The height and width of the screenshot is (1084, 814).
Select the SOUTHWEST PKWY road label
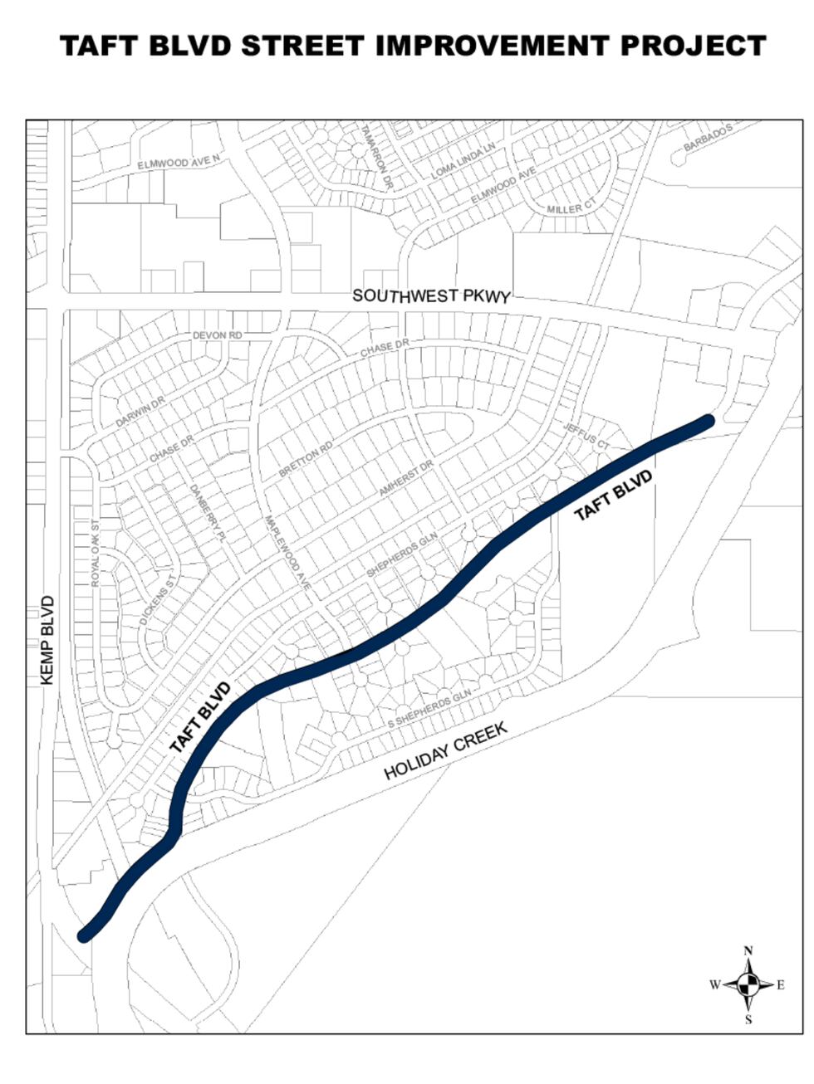tap(430, 295)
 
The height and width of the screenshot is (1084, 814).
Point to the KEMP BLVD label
tap(47, 640)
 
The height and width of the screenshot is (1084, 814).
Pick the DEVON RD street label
tap(217, 335)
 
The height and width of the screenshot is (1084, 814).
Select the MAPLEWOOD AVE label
tap(287, 554)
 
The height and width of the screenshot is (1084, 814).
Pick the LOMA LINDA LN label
tap(463, 160)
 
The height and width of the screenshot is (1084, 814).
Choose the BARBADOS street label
tap(708, 138)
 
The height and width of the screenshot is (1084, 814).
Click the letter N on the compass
tap(748, 951)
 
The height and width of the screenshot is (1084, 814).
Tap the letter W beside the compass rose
tap(714, 985)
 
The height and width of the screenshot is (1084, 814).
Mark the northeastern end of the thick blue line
tap(707, 422)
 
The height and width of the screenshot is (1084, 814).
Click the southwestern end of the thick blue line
tap(84, 935)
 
